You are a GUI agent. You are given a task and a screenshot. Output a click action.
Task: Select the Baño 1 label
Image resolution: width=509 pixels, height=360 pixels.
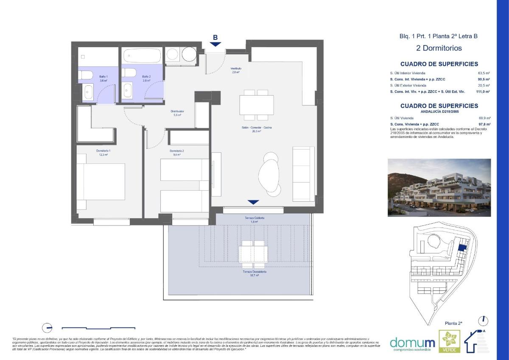[x=92, y=78]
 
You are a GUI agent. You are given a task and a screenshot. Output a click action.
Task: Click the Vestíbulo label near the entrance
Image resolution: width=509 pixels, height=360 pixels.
[x=236, y=70]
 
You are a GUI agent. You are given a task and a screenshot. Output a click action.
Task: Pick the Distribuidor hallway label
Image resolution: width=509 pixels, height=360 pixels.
[x=177, y=113]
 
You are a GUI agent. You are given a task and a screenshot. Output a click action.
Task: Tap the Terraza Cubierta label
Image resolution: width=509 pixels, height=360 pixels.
[x=255, y=219]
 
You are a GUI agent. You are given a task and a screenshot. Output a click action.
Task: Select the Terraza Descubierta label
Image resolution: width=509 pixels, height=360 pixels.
[x=255, y=273]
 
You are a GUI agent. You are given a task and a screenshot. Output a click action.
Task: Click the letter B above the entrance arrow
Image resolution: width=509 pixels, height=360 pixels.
[x=215, y=37]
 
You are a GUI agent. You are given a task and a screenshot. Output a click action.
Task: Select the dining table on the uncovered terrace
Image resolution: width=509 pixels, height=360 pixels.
[x=254, y=254]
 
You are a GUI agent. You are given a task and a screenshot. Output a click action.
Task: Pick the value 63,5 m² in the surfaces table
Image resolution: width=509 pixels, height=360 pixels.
[x=484, y=73]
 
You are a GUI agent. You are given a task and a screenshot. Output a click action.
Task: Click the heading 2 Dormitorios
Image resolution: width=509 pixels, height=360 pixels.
[x=439, y=48]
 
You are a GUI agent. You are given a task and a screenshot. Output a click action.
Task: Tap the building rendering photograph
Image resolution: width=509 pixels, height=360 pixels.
[x=439, y=188]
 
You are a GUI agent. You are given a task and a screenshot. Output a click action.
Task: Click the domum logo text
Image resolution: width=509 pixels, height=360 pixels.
[x=412, y=343]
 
